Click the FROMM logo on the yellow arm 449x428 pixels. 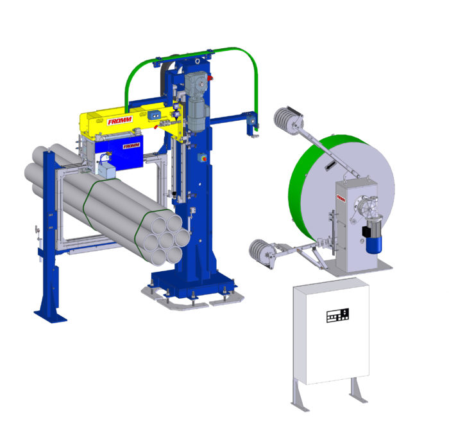coord(120,120)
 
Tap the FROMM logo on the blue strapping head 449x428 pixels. coord(131,146)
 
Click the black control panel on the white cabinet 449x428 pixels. coord(338,316)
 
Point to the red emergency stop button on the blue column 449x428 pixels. coord(204,158)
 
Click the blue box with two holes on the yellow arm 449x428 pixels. coord(155,115)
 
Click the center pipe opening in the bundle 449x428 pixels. coord(166,240)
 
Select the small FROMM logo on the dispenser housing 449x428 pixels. coord(341,198)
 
